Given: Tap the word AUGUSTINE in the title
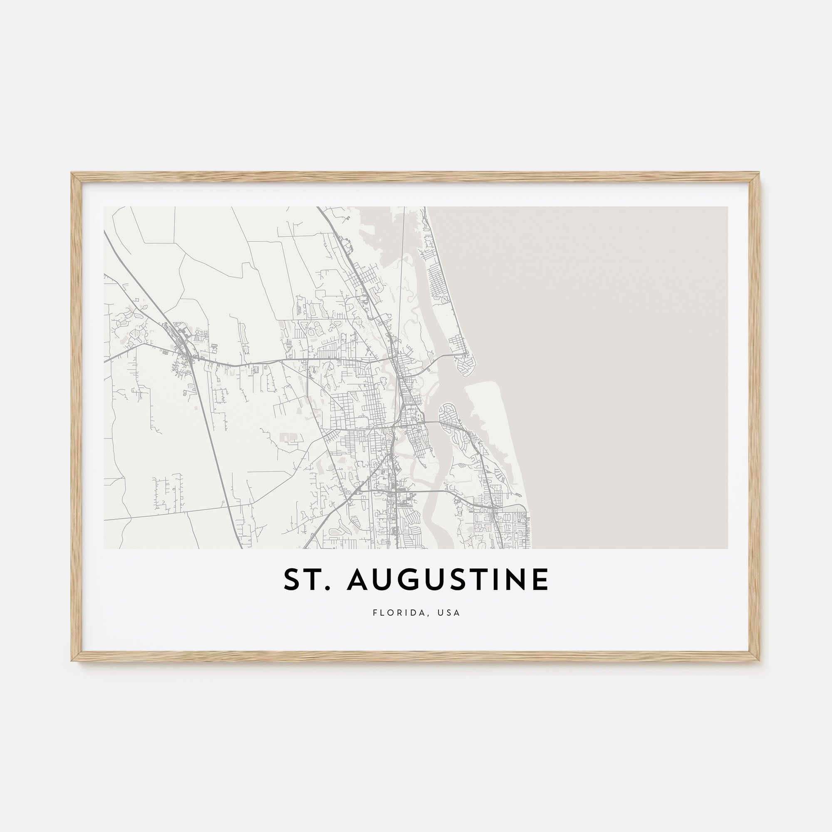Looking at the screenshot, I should pos(448,580).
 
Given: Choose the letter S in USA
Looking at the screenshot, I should pos(450,613).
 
